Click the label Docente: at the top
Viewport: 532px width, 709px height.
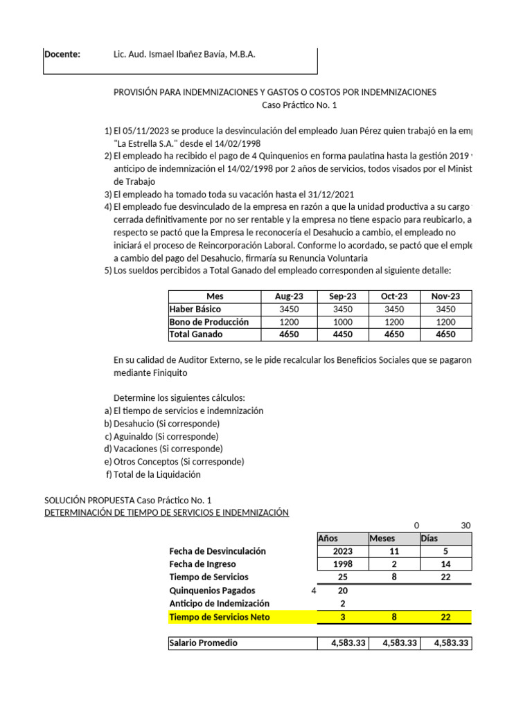click(62, 55)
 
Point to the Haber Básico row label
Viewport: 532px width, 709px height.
click(195, 309)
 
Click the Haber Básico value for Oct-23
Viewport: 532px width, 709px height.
click(394, 309)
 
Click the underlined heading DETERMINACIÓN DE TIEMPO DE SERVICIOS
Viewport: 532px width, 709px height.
click(166, 512)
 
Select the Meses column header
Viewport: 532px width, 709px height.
click(382, 539)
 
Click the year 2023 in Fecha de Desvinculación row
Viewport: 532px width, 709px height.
click(342, 551)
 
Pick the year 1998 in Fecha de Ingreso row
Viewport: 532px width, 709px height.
click(342, 564)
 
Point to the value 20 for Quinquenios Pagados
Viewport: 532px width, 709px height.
click(342, 591)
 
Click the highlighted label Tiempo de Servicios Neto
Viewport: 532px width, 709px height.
click(220, 617)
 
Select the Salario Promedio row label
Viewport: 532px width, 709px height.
click(203, 643)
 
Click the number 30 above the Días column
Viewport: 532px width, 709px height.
click(465, 526)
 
